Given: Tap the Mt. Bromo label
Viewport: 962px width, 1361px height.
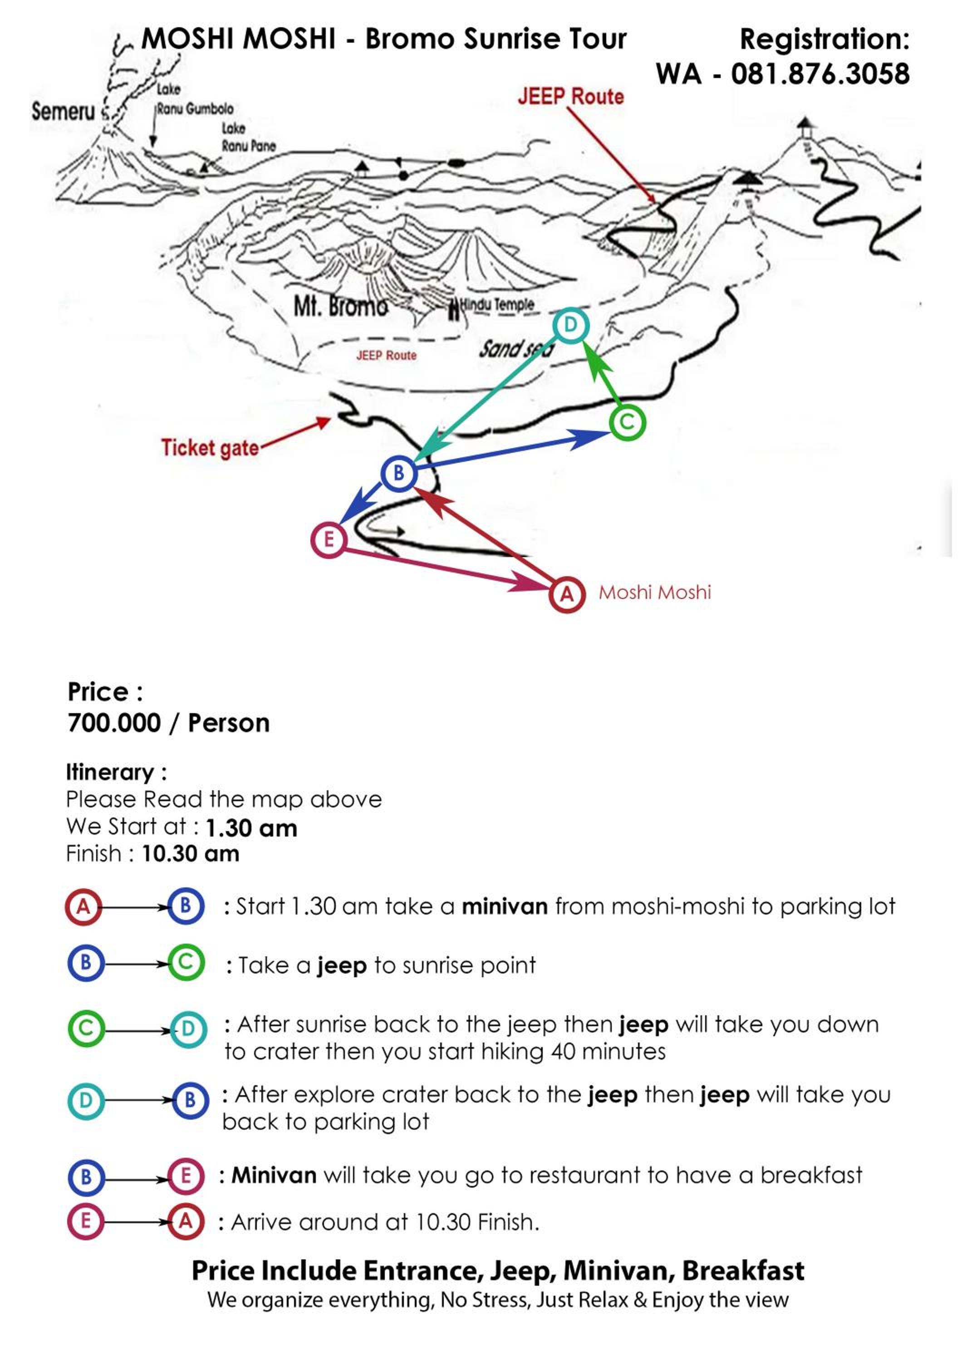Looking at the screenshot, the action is coord(341,307).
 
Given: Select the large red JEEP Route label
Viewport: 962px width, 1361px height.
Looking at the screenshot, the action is coord(571,97).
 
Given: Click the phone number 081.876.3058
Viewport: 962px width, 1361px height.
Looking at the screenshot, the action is coord(820,74).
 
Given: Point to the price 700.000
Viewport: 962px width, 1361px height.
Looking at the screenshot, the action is coord(114,723).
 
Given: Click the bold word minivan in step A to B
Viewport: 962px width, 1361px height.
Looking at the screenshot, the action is coord(505,907).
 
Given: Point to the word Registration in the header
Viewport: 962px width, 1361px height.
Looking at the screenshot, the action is coord(825,39).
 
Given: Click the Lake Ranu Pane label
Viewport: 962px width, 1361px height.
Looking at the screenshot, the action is coord(248,137).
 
